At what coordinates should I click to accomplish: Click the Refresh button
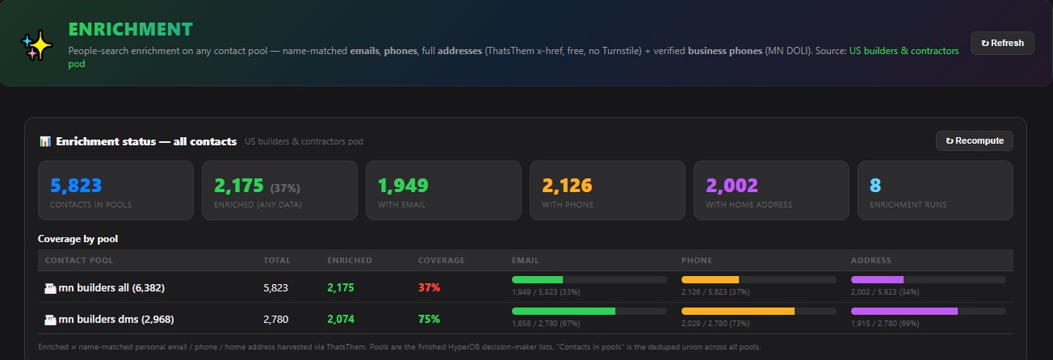click(x=1002, y=44)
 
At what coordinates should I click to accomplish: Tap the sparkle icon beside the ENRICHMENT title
click(x=36, y=45)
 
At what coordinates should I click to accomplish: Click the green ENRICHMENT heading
click(x=131, y=29)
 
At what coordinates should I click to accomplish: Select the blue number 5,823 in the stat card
click(x=76, y=186)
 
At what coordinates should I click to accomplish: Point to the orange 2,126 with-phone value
click(x=567, y=186)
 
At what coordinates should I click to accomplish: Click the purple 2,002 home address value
click(x=732, y=186)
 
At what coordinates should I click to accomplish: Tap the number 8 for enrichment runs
click(x=875, y=186)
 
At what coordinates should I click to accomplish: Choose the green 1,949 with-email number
click(x=403, y=186)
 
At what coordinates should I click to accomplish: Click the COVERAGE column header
click(x=442, y=261)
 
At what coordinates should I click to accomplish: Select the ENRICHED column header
click(x=350, y=261)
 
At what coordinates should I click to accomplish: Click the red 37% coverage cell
click(x=429, y=287)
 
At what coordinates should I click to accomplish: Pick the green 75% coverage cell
click(x=429, y=319)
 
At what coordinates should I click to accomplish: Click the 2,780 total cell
click(x=275, y=319)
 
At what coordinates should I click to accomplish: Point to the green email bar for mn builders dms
click(x=564, y=311)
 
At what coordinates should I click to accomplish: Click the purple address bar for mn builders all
click(x=877, y=279)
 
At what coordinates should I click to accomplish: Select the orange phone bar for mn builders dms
click(x=738, y=311)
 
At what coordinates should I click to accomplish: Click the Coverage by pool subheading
click(x=78, y=239)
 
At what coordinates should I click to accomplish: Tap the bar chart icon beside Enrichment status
click(x=45, y=141)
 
